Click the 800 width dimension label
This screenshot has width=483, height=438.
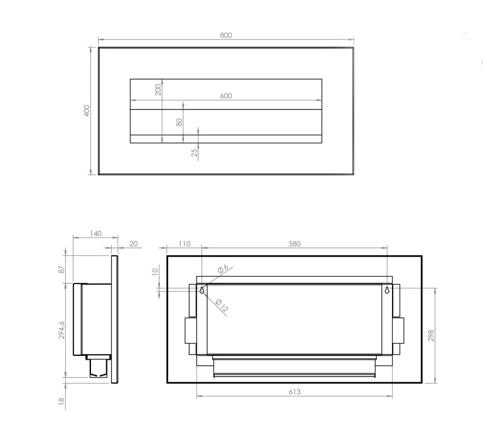coord(226,36)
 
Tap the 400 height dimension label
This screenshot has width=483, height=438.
coord(87,111)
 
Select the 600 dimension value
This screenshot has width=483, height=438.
coord(226,96)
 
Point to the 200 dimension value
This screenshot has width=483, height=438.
coord(158,90)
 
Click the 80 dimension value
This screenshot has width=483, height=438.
coord(179,122)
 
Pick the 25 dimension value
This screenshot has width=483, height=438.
coord(194,153)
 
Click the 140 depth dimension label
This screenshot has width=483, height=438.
coord(95,234)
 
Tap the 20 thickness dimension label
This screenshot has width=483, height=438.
coord(134,244)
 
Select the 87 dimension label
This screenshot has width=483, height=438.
coord(62,269)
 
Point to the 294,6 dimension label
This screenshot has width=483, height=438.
coord(62,330)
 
